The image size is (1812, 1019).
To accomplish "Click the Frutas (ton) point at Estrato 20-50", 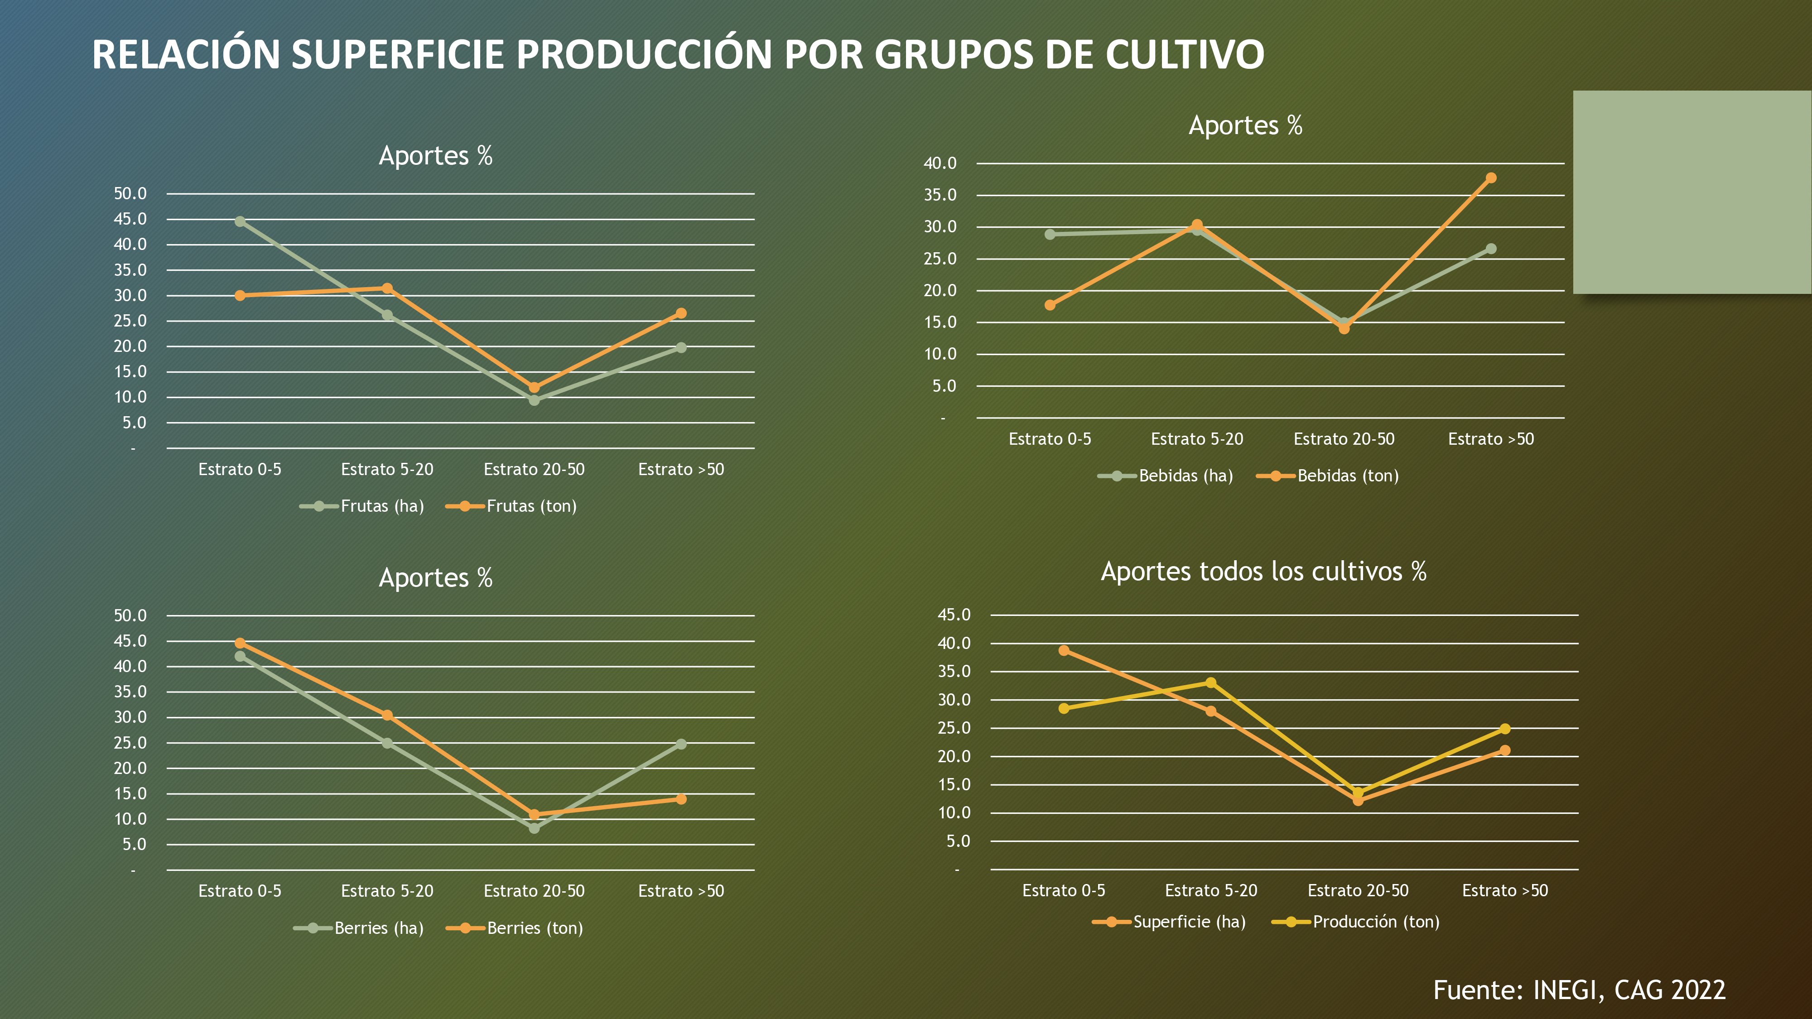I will coord(534,388).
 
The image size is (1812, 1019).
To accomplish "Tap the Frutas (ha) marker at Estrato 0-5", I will coord(240,221).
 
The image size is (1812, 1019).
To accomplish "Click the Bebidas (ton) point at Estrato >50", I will coord(1490,178).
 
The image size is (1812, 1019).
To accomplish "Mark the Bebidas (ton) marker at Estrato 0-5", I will coord(1050,305).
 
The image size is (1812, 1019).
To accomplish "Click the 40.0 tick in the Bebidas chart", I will coord(940,163).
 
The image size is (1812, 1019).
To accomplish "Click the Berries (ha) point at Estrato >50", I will coord(681,744).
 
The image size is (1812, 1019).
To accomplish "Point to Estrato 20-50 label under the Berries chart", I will coord(534,891).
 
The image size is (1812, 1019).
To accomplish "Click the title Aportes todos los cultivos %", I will coord(1263,572).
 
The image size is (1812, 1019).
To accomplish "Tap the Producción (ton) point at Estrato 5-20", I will coord(1210,683).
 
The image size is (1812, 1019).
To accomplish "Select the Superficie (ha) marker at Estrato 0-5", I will coord(1064,650).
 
